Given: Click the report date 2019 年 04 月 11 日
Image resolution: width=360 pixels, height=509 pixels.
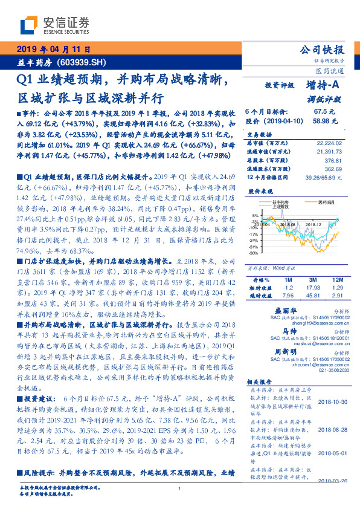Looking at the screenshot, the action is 52,50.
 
